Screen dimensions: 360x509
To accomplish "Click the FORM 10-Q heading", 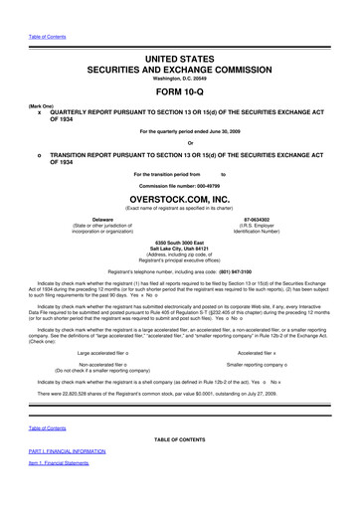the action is [x=180, y=90].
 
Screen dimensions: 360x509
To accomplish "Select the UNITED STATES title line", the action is [x=180, y=61].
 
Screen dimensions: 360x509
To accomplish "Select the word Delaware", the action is [x=101, y=217].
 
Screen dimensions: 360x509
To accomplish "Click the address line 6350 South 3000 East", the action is [x=180, y=241].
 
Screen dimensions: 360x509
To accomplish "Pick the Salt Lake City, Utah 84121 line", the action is [x=180, y=248].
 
